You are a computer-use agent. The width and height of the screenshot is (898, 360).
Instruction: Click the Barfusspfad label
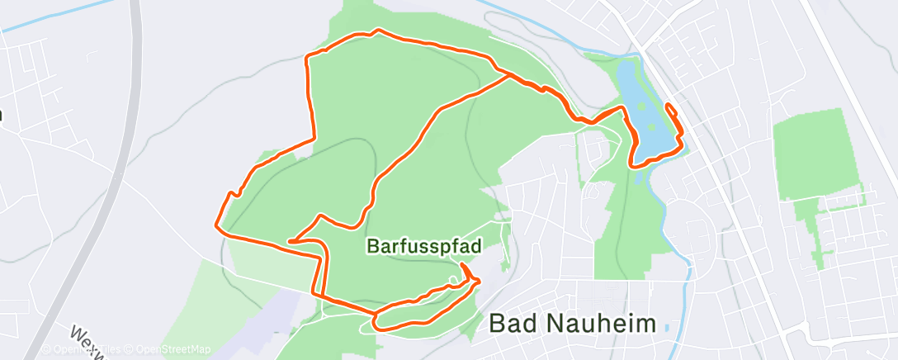424,246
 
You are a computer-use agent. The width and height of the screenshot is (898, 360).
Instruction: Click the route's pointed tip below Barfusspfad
478,282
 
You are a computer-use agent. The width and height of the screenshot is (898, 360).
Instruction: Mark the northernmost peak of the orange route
378,31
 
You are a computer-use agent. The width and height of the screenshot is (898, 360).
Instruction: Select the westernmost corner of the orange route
216,224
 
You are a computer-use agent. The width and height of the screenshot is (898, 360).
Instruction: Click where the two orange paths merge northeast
507,75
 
